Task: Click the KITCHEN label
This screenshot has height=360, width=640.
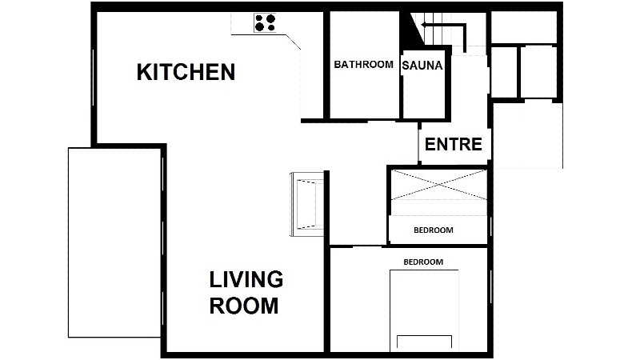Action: [186, 72]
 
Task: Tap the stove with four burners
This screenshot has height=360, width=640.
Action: [265, 23]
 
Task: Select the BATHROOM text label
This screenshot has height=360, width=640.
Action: [363, 64]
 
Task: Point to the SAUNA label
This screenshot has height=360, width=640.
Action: [422, 66]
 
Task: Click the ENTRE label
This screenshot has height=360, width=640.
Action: [453, 145]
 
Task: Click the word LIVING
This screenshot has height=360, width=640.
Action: [246, 279]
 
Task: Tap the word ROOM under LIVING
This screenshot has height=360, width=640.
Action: [244, 306]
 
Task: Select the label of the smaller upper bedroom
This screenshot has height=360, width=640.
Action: [434, 230]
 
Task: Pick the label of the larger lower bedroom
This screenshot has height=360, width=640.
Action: [423, 262]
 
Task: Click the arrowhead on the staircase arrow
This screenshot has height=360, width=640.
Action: [425, 26]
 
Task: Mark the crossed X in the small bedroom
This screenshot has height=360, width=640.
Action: [438, 185]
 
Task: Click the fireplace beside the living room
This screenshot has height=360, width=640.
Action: [307, 204]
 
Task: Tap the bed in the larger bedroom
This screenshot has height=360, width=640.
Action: [424, 310]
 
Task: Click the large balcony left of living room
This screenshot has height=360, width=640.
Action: [114, 242]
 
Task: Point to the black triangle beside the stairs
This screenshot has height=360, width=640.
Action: [410, 29]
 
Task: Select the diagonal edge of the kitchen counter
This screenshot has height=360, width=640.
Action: [294, 42]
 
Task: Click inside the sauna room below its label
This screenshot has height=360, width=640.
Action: [424, 96]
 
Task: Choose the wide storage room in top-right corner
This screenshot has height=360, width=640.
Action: [524, 27]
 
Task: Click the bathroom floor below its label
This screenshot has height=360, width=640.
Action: [364, 94]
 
